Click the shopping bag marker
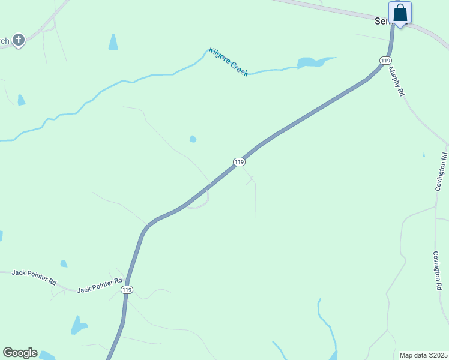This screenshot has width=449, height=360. (400, 13)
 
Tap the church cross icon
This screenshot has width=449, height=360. (19, 40)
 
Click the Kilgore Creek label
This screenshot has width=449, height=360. (228, 62)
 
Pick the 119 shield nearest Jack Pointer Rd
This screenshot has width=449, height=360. (127, 289)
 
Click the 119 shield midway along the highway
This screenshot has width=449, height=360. (239, 162)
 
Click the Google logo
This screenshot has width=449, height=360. (20, 353)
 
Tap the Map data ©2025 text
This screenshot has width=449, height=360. (423, 355)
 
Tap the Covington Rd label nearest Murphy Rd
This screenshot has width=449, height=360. (442, 172)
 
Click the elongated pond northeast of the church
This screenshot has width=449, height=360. (113, 41)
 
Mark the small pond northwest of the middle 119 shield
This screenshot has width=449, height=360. (193, 139)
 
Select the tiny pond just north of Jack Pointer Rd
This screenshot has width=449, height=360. (64, 263)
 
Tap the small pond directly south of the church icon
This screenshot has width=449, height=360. (22, 100)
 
